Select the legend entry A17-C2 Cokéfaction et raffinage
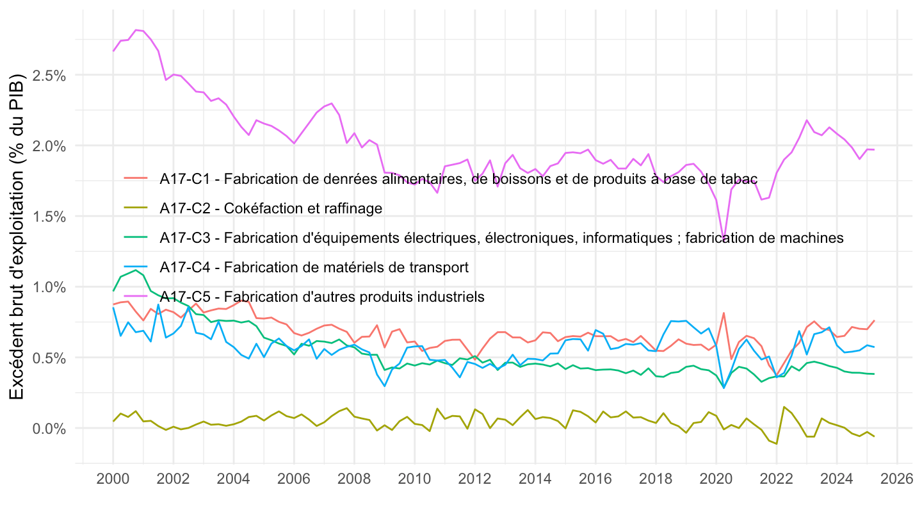(271, 208)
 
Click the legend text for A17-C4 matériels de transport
(314, 267)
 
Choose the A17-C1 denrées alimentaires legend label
(458, 179)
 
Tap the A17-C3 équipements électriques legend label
(501, 238)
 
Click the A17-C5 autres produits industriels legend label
(322, 297)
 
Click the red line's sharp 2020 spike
(724, 313)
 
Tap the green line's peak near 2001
(136, 270)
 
